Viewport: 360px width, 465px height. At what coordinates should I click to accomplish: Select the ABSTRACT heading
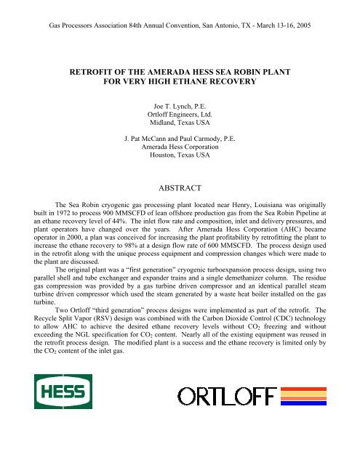180,185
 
